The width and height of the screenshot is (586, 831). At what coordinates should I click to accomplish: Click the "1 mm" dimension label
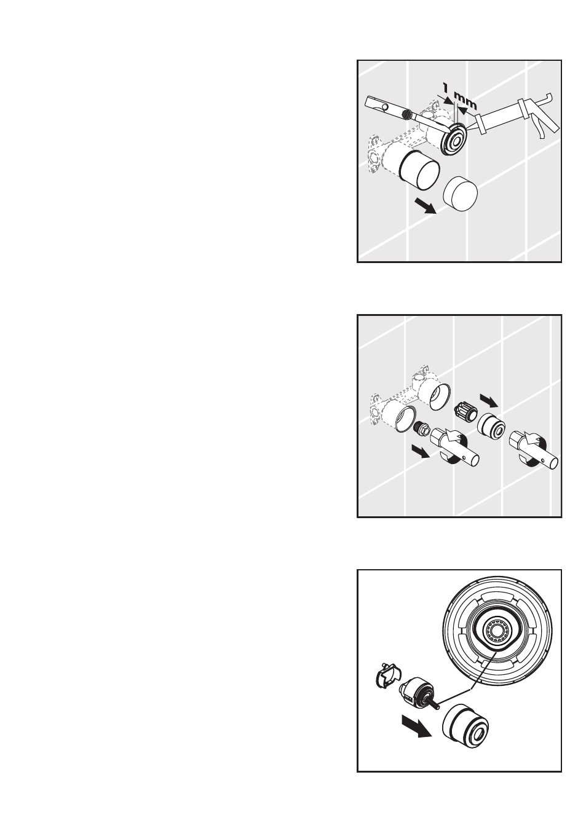[x=459, y=96]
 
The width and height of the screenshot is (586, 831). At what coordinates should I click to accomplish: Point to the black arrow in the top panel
[x=426, y=205]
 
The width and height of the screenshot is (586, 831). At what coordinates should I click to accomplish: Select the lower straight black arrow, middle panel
[x=421, y=452]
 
